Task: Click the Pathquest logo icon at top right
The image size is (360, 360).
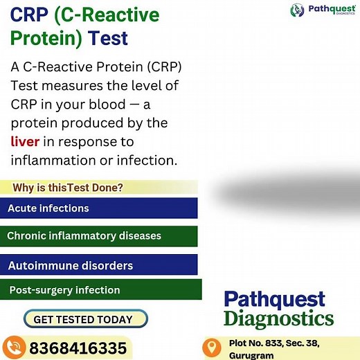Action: tap(297, 10)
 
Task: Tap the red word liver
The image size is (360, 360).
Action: tap(25, 142)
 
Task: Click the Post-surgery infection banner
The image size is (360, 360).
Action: tap(101, 290)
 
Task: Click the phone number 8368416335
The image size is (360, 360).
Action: tap(78, 348)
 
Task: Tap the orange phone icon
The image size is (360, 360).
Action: tap(14, 347)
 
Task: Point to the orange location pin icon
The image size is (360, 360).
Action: tap(213, 347)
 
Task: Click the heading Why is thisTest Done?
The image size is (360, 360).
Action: tap(68, 188)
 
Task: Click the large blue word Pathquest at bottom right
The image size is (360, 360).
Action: tap(274, 299)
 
